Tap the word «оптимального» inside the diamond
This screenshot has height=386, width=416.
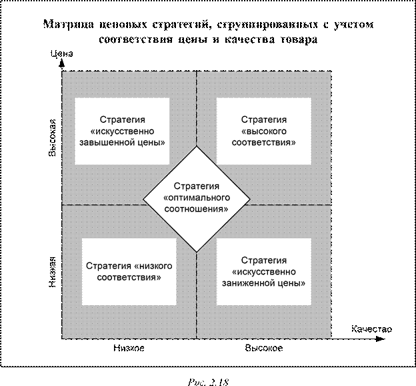click(x=197, y=198)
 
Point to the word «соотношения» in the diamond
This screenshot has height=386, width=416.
click(x=196, y=209)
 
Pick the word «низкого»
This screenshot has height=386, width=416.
click(x=153, y=266)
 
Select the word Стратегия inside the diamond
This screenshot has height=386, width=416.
click(x=197, y=186)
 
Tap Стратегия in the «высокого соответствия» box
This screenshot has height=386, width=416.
click(x=263, y=120)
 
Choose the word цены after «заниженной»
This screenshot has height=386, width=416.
click(x=294, y=282)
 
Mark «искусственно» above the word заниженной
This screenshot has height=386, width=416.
click(x=263, y=271)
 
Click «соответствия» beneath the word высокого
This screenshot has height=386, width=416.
click(x=263, y=142)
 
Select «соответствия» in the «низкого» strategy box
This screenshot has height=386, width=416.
click(x=129, y=277)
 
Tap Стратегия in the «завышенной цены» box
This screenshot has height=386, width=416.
click(x=121, y=120)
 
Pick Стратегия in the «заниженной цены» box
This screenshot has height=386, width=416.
click(x=263, y=260)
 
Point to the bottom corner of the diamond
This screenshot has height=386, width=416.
click(x=197, y=252)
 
